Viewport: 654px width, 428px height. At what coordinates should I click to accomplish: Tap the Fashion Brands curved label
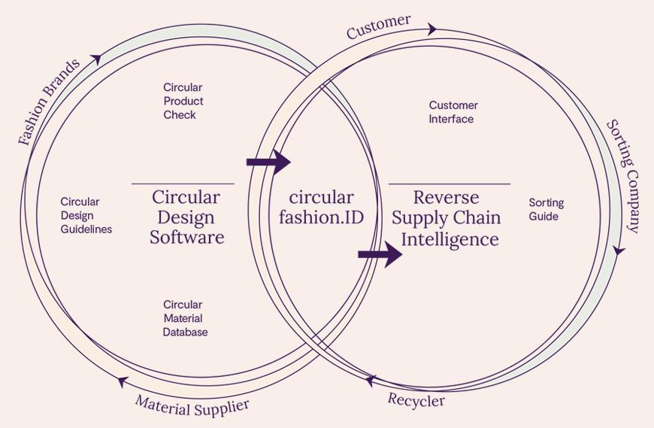click(49, 102)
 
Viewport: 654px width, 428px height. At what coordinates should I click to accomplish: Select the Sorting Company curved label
click(623, 176)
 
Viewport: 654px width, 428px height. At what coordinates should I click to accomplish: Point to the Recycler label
click(416, 399)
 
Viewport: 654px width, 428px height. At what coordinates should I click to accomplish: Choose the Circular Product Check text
click(183, 101)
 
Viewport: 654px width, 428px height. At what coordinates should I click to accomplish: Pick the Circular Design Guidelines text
click(86, 215)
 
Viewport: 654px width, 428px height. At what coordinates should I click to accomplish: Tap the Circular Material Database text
click(185, 318)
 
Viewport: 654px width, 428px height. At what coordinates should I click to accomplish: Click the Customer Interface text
click(453, 112)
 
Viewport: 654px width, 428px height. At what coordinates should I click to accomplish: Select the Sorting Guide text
click(546, 209)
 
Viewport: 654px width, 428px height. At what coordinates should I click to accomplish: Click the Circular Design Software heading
click(186, 217)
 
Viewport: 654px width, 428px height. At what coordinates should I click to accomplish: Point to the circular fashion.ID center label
click(321, 208)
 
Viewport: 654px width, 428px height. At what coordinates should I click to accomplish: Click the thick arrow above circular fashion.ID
click(268, 161)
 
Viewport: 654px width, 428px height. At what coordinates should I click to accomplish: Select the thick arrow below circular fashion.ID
click(380, 254)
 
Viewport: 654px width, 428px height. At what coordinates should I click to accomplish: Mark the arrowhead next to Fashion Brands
click(96, 58)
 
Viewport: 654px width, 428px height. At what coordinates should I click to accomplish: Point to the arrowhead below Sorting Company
click(619, 250)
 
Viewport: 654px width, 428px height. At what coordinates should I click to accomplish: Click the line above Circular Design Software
click(183, 184)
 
